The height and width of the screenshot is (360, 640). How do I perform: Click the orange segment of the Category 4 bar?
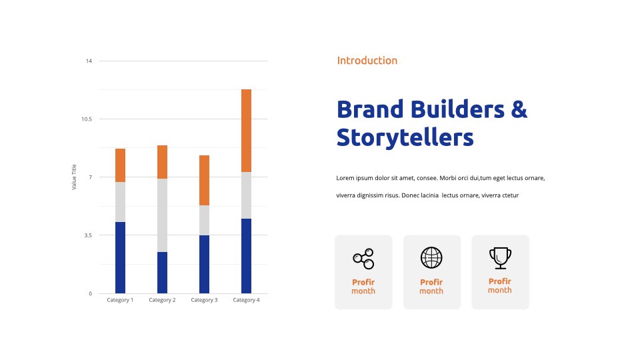coord(246,131)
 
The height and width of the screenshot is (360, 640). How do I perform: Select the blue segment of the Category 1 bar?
coord(120,257)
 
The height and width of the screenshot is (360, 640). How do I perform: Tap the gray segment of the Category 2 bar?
coord(162,215)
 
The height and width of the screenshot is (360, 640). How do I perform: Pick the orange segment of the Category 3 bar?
coord(204,181)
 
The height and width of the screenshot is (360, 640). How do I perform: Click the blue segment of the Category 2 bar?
coord(162,273)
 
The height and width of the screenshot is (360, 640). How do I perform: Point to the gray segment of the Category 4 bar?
coord(246,195)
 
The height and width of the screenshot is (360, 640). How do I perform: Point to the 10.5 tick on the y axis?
coord(87,119)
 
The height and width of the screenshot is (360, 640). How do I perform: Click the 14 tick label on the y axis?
coord(89,61)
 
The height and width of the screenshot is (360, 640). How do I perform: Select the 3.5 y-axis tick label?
coord(88,235)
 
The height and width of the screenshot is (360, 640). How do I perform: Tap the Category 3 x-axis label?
coord(204,300)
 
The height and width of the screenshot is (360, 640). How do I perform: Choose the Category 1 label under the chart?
coord(120,300)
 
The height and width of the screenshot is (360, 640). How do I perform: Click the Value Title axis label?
coord(74,177)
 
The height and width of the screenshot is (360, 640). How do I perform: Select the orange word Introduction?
coord(367,61)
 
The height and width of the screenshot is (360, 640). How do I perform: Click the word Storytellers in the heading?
coord(405,137)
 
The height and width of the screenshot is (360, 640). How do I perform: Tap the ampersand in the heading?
coord(519,109)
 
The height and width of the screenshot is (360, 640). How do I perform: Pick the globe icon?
coord(431,257)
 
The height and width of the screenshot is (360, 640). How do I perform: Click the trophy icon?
coord(500,258)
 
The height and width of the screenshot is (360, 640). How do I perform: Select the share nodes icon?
coord(363,259)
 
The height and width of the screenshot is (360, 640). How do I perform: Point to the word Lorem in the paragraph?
coord(345,178)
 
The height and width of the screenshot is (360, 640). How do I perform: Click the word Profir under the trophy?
coord(499,281)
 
